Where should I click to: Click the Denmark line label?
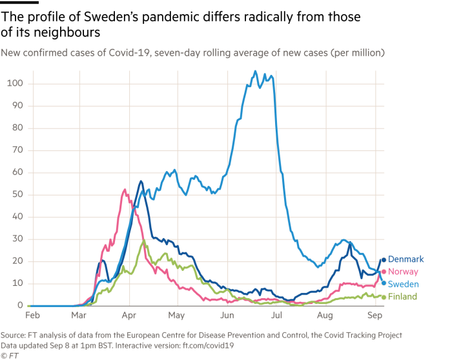click(x=407, y=259)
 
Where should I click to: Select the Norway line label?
click(x=404, y=272)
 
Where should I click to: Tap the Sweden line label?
click(x=405, y=284)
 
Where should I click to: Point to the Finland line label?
click(x=404, y=296)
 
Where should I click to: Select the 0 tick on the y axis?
click(x=21, y=305)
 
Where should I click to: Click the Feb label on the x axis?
click(x=32, y=316)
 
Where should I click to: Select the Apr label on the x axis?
click(x=128, y=316)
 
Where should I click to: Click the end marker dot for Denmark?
click(x=384, y=260)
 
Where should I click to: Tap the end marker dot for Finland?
click(x=384, y=297)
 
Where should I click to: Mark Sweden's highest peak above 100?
click(x=255, y=71)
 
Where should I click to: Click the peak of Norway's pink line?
click(x=124, y=189)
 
